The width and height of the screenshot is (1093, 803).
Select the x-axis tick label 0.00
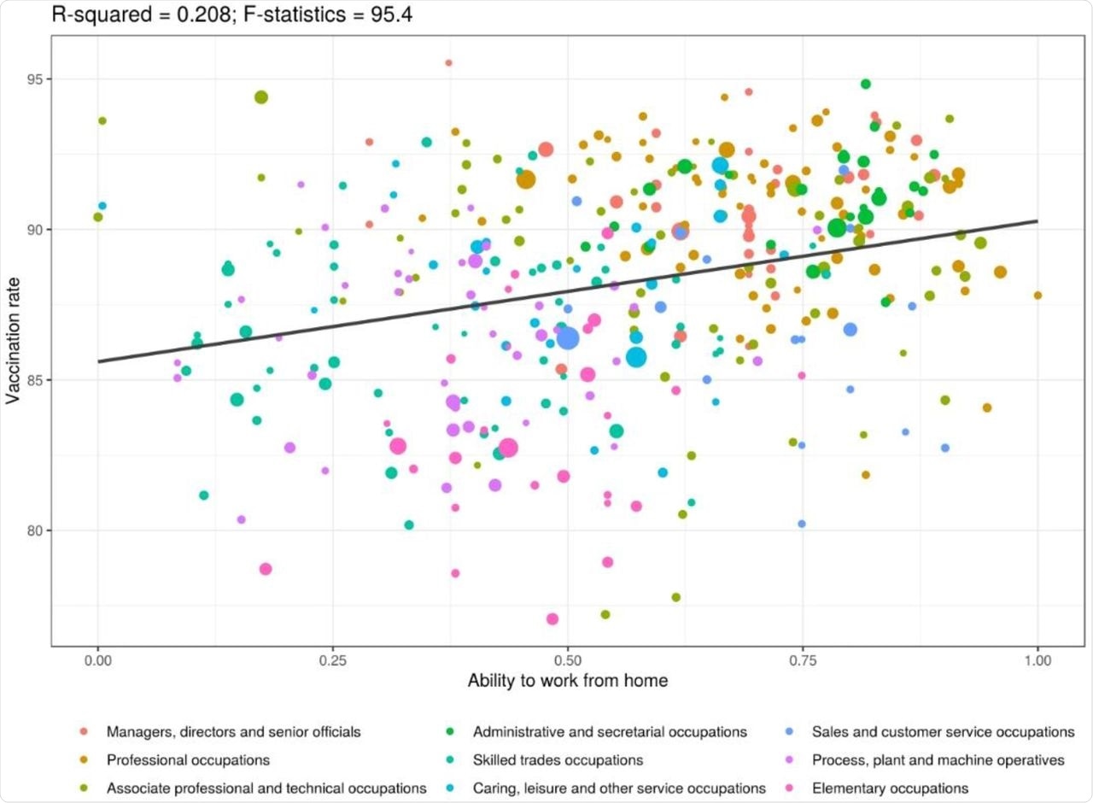pos(98,661)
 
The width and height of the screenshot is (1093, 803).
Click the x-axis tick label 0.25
pos(333,661)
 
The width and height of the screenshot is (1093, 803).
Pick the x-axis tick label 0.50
pos(568,661)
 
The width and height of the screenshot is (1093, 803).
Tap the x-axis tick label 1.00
pos(1037,661)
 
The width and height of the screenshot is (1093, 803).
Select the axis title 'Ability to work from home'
pos(567,682)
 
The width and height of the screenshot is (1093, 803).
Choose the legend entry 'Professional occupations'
pos(188,759)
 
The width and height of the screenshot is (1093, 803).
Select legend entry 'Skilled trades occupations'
pos(558,759)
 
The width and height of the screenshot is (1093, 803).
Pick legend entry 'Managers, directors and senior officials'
pos(233,732)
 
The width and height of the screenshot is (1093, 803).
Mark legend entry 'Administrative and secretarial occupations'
pos(610,732)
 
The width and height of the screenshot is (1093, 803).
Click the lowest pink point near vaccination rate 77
pos(552,619)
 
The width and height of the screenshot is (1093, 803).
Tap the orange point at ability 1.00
pos(1037,296)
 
